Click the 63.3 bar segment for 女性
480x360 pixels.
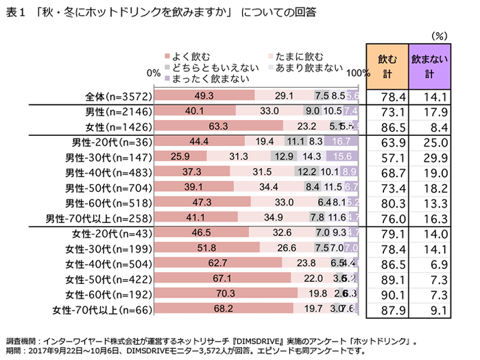tap(221, 125)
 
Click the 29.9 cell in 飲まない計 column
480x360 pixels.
tap(432, 156)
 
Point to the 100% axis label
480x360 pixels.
tap(359, 71)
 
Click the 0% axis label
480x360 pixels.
tap(154, 71)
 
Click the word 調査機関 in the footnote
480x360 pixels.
tap(21, 339)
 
